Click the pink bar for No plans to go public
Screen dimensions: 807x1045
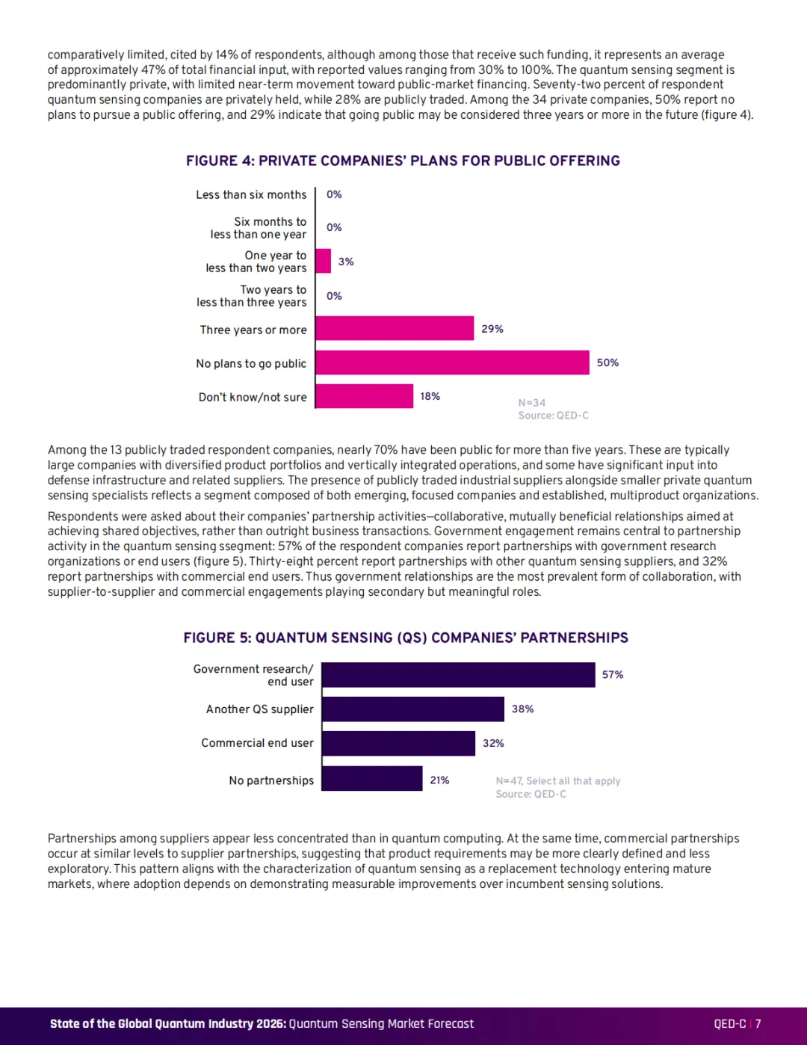(452, 362)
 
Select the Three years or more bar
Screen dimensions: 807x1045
(395, 328)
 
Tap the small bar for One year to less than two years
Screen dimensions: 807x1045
(324, 261)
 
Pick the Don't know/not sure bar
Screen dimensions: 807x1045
(365, 396)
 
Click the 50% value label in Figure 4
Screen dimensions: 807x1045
(607, 363)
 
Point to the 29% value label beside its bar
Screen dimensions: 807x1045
(492, 329)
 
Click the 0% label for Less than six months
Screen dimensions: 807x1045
(334, 194)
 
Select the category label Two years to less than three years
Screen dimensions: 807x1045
(251, 296)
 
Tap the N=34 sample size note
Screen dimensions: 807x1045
(531, 402)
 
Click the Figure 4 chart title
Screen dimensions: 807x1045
(403, 161)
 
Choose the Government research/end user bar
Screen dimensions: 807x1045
(459, 675)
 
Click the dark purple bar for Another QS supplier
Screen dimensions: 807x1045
(413, 709)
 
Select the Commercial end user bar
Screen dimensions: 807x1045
(398, 744)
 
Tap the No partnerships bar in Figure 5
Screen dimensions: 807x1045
(372, 778)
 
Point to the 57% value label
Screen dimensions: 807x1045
(613, 675)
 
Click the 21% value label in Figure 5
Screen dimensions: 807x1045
(439, 780)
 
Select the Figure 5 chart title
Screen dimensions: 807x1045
(406, 638)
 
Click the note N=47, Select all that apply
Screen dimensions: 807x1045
(558, 780)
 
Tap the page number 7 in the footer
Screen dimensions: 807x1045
(758, 1023)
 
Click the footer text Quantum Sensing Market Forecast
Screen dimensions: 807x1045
(381, 1023)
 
